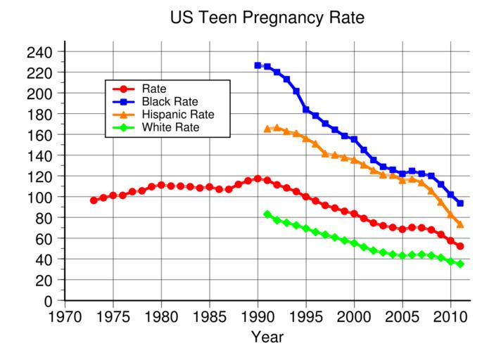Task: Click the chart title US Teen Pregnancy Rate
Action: [267, 18]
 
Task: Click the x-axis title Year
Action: [267, 337]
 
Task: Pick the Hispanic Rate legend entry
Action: [177, 114]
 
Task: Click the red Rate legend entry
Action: [153, 89]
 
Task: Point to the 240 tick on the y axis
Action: [42, 52]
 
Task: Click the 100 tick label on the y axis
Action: [42, 198]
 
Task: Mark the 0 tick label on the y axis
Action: [49, 301]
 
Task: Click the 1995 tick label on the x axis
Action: [306, 314]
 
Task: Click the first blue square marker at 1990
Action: [258, 65]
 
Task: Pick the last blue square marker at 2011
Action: [460, 203]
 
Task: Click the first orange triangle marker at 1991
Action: [267, 129]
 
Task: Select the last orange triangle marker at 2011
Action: [460, 224]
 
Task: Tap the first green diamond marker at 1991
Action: [267, 214]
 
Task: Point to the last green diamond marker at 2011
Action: [460, 264]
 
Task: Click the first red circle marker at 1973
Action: [94, 200]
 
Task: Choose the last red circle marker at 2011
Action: [460, 246]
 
